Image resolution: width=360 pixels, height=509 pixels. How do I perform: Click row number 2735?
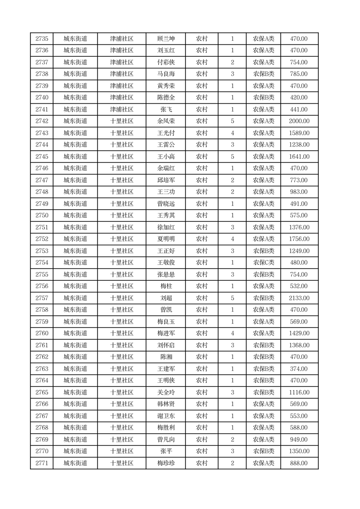(x=42, y=39)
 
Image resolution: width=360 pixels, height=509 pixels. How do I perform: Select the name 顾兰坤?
(x=165, y=39)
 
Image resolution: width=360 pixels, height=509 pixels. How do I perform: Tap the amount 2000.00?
(x=299, y=121)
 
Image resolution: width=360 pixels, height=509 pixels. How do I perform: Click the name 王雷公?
(x=165, y=145)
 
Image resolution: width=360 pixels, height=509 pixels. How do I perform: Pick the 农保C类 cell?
(x=263, y=263)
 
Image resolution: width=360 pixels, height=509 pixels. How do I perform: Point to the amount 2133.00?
(x=299, y=298)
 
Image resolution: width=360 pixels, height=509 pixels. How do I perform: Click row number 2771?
(x=42, y=463)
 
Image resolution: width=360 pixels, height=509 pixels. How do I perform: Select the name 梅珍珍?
(x=165, y=463)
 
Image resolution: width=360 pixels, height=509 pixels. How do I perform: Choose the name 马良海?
(x=165, y=74)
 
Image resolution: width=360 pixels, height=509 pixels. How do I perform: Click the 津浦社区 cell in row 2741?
(x=122, y=109)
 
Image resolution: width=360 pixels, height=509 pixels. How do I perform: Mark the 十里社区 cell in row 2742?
(x=122, y=121)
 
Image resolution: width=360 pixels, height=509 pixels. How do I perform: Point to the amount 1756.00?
(x=299, y=239)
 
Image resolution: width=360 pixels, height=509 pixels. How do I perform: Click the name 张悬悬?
(x=165, y=274)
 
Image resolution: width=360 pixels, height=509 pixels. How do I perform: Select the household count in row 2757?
(x=232, y=298)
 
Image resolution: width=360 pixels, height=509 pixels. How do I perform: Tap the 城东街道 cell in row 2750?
(x=75, y=215)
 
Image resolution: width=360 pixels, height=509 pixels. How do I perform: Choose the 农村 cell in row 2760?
(x=201, y=333)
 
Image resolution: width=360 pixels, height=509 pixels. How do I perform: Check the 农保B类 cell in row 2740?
(x=263, y=98)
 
